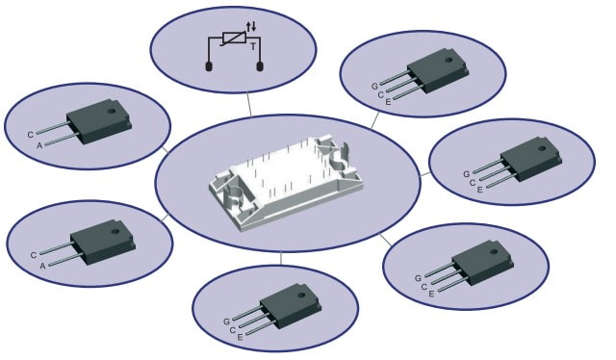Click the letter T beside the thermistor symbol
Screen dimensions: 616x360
pos(253,46)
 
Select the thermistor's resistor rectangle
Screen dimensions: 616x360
pos(235,38)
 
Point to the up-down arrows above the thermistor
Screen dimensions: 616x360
pos(251,27)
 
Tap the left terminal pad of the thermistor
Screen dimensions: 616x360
pos(209,66)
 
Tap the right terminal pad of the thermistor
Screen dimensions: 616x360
pos(260,66)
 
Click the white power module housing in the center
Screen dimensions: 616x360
pos(286,182)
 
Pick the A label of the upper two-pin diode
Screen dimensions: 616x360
pos(39,145)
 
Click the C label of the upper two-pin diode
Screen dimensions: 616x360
pos(30,135)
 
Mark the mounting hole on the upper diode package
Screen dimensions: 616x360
pos(113,110)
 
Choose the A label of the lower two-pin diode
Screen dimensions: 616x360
pos(42,266)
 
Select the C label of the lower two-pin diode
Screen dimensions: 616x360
pos(34,255)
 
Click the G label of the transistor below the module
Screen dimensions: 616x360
pos(227,321)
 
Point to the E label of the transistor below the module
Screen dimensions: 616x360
pos(240,337)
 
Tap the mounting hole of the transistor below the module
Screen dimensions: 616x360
pos(301,295)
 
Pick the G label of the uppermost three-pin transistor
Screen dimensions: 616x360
pos(374,86)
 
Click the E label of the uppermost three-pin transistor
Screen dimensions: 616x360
pos(388,102)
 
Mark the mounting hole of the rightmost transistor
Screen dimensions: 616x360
pos(542,149)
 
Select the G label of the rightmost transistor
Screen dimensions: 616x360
pos(466,174)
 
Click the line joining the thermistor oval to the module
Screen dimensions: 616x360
pos(249,105)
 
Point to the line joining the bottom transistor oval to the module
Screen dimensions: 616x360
pos(281,258)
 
